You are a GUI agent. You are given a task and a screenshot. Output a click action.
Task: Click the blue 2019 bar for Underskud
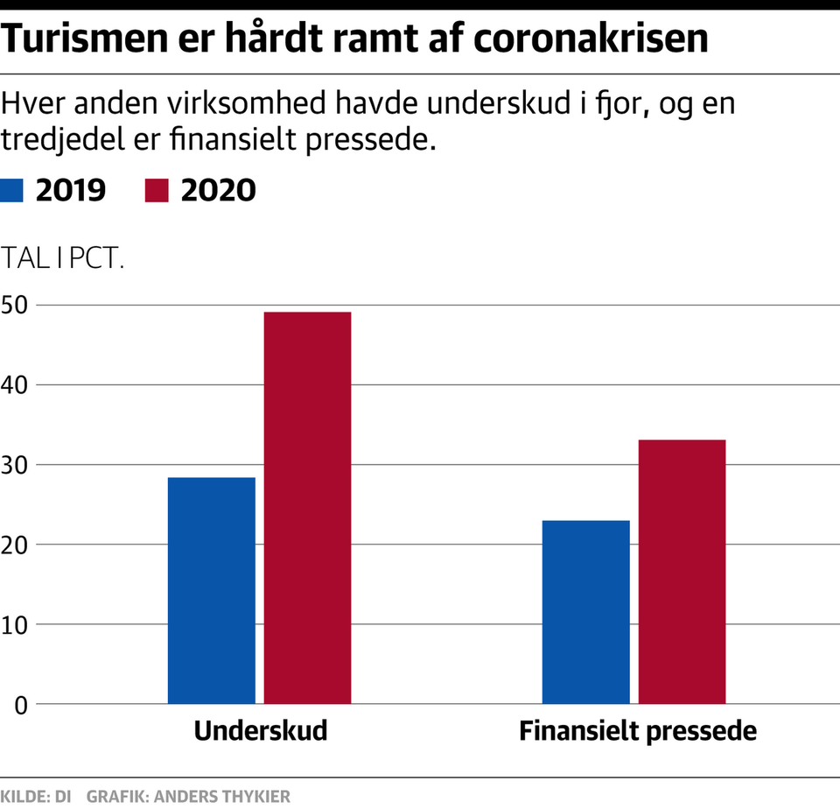(212, 590)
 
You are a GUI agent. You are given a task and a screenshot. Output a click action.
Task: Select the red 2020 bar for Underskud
(308, 508)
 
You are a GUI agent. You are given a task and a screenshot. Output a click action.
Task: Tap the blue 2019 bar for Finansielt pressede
(586, 612)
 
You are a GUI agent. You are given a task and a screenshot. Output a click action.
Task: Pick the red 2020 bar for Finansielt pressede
(682, 571)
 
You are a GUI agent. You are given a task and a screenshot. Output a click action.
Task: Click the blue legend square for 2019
(13, 190)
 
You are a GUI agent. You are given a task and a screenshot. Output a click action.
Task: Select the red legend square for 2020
(156, 190)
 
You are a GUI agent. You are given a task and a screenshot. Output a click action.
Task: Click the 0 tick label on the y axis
(20, 704)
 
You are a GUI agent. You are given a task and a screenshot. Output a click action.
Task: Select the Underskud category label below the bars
(261, 731)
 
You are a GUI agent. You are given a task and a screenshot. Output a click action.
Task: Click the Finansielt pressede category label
(637, 731)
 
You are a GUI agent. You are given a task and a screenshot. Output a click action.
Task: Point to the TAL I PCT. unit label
(63, 260)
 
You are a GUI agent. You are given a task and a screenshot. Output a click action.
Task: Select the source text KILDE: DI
(37, 797)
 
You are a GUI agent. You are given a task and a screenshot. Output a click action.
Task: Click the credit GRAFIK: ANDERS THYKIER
(188, 797)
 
